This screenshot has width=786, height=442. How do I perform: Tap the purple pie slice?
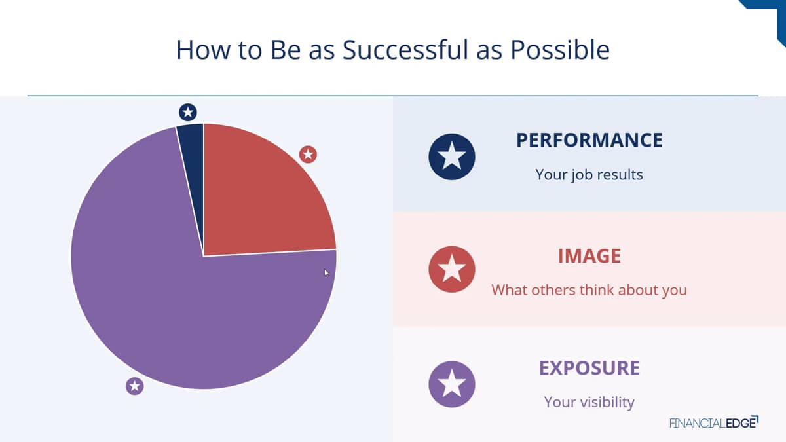pyautogui.click(x=176, y=298)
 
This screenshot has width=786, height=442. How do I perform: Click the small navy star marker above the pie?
pyautogui.click(x=188, y=112)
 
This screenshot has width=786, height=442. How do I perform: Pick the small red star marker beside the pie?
pyautogui.click(x=308, y=155)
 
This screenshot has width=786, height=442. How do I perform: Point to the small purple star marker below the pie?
pyautogui.click(x=135, y=386)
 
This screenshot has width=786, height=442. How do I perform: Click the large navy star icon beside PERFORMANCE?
pyautogui.click(x=452, y=157)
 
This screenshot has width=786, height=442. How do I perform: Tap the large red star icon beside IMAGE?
pyautogui.click(x=452, y=269)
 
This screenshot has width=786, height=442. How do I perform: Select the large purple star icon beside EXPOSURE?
pyautogui.click(x=452, y=384)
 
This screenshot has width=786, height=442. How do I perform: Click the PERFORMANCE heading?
pyautogui.click(x=589, y=140)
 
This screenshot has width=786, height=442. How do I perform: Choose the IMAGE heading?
pyautogui.click(x=589, y=256)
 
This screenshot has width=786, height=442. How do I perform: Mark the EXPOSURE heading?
pyautogui.click(x=589, y=368)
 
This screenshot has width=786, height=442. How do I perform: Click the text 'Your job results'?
pyautogui.click(x=589, y=175)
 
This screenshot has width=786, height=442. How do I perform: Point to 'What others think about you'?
pyautogui.click(x=589, y=290)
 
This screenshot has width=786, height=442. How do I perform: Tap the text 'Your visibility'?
pyautogui.click(x=589, y=402)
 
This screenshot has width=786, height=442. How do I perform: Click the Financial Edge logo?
pyautogui.click(x=714, y=422)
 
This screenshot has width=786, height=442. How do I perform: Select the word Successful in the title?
pyautogui.click(x=405, y=50)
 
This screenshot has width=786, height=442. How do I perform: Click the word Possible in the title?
pyautogui.click(x=560, y=50)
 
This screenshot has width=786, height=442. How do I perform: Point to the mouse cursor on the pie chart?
pyautogui.click(x=326, y=273)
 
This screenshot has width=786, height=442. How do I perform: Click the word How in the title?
pyautogui.click(x=203, y=50)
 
